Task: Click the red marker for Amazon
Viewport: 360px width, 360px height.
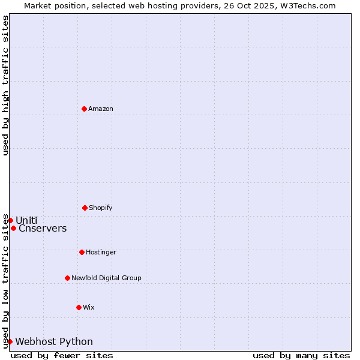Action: click(84, 109)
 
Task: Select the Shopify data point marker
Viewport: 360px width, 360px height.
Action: click(85, 208)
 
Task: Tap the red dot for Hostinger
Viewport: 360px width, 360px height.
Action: click(82, 252)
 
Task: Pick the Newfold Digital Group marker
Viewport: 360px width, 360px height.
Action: click(67, 278)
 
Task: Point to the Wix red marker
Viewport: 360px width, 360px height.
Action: click(79, 307)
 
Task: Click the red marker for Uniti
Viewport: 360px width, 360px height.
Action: click(10, 220)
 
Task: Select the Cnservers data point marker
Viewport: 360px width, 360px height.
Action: click(13, 228)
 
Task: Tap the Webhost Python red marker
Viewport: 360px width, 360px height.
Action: click(10, 341)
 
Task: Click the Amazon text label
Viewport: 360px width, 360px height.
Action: click(101, 109)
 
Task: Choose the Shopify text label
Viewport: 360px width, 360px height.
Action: click(101, 208)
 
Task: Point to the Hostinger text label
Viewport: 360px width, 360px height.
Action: click(101, 252)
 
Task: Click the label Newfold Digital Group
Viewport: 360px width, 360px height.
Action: click(106, 278)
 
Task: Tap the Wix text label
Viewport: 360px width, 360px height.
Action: click(89, 307)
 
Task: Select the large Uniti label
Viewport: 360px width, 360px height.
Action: click(26, 220)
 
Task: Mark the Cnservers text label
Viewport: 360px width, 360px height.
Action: click(43, 228)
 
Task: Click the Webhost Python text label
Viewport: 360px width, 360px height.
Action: click(54, 341)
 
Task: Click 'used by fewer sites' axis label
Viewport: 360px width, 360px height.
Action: click(62, 355)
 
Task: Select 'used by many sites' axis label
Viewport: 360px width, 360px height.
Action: click(301, 355)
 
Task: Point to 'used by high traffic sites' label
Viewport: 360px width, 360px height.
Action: click(5, 85)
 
